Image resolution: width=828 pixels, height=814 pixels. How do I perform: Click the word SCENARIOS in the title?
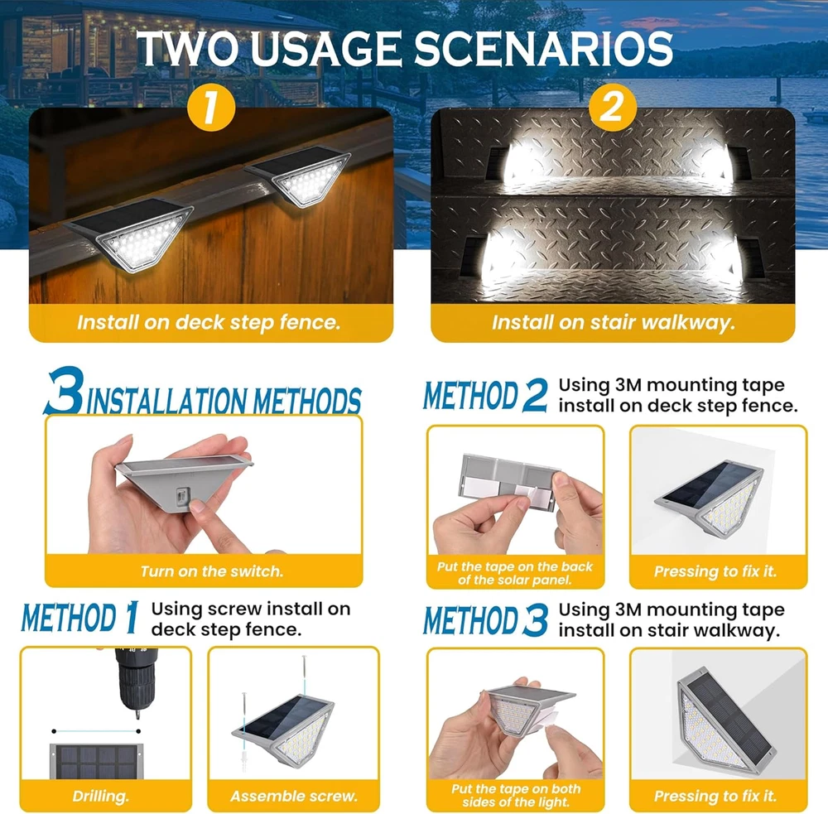pos(543,49)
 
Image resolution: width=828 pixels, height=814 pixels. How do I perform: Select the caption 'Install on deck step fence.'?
pos(209,321)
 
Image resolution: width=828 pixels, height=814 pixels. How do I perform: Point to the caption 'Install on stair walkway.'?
pos(613,321)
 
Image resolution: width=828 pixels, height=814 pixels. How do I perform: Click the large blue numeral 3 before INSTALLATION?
pos(65,391)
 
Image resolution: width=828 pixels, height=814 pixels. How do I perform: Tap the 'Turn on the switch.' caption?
pos(212,571)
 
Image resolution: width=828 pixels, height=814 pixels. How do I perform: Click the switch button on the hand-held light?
pos(181,497)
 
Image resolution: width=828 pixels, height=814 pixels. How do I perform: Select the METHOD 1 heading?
pos(79,617)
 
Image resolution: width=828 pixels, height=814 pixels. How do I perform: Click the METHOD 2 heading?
pos(485,395)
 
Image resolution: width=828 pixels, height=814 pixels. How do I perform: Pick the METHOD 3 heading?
pos(485,619)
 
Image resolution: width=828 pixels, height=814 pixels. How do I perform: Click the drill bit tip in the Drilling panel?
pos(137,716)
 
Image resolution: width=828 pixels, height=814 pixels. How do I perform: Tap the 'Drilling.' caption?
pos(100,796)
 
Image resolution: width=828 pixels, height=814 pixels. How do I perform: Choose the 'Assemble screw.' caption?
pos(294,796)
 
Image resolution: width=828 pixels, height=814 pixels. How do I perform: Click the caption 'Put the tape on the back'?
pos(515,566)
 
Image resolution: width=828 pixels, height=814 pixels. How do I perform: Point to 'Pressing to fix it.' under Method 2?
pos(715,571)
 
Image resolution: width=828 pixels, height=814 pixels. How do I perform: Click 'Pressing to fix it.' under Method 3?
pos(715,796)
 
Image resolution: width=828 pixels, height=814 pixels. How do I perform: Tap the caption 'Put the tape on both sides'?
pos(516,795)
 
